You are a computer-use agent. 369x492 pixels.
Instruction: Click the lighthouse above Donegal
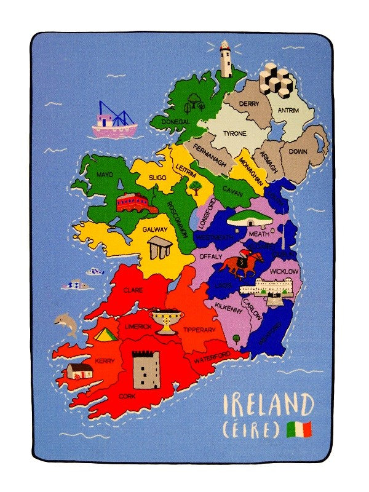point(226,60)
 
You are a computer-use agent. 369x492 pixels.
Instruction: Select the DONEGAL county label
point(175,122)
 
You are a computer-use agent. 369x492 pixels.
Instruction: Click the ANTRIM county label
point(288,111)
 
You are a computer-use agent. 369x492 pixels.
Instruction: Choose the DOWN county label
point(298,151)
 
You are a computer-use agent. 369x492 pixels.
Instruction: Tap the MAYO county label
point(105,175)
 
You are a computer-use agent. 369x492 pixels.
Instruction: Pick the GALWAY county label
point(155,229)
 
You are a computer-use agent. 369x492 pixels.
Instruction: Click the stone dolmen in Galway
point(160,248)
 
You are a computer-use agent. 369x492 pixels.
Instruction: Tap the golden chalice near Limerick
point(165,320)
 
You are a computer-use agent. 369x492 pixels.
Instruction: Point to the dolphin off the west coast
point(66,324)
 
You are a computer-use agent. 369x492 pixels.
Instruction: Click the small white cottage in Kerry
point(80,370)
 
